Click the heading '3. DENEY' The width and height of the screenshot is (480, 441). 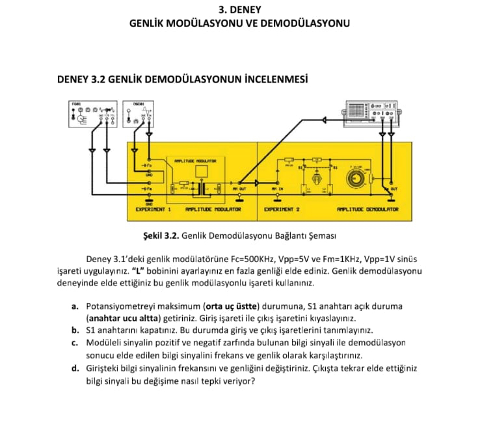coord(240,9)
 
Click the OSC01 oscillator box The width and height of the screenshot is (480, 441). coord(139,114)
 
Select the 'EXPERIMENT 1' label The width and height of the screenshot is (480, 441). coord(153,209)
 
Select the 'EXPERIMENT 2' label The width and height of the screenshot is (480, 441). coord(281,209)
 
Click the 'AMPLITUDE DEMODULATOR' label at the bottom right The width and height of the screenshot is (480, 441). coord(367,209)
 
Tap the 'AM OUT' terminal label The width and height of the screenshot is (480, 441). coord(239,189)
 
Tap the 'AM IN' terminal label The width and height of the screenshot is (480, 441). coord(278,189)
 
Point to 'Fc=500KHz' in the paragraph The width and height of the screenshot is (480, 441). coord(243,258)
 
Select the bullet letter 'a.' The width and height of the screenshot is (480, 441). coord(75,306)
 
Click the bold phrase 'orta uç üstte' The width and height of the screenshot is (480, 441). coord(232,306)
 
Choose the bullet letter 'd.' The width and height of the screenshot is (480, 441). coord(75,368)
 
